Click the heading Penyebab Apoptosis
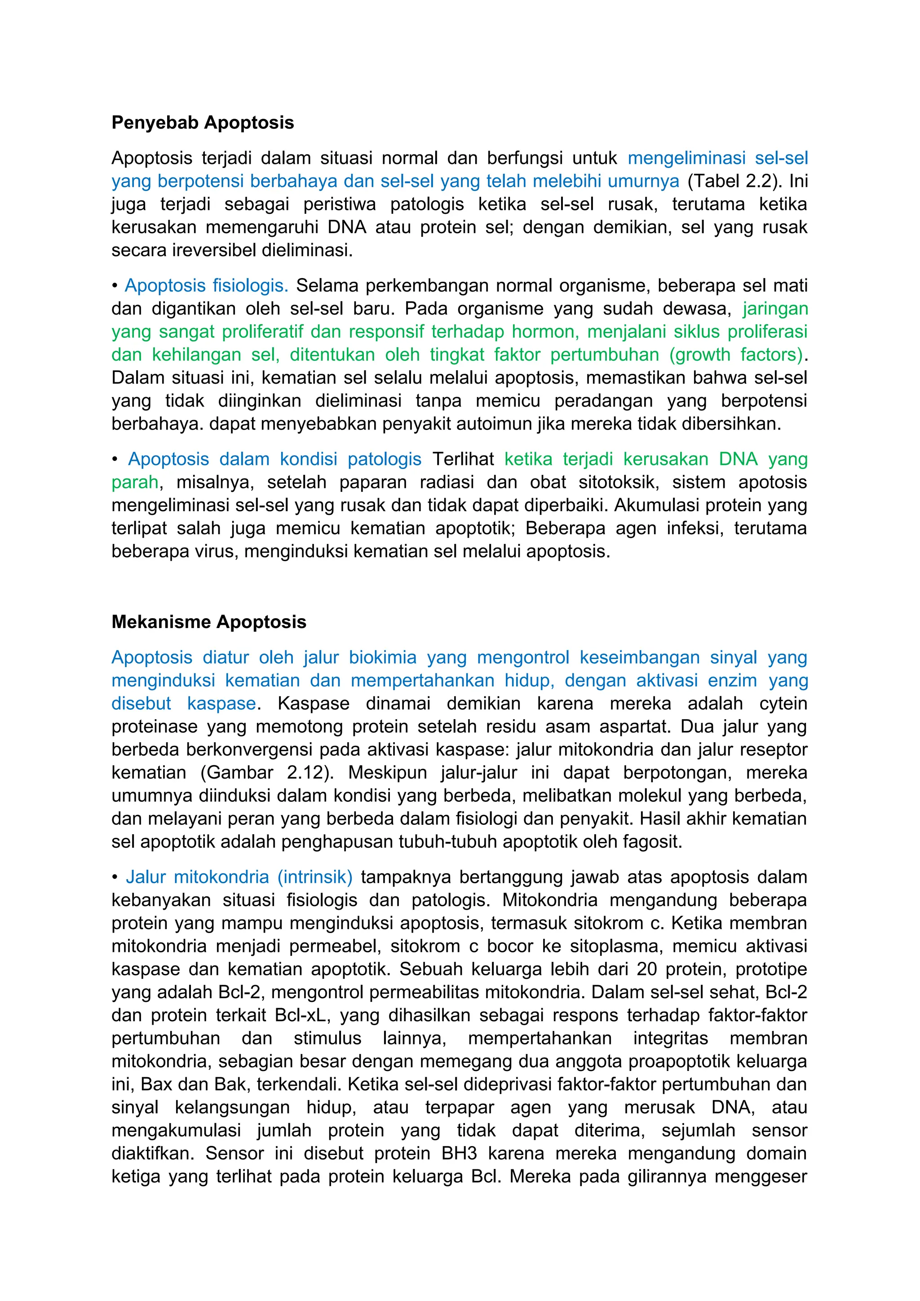click(x=202, y=122)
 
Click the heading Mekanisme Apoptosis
click(x=208, y=622)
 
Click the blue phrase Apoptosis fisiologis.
click(x=206, y=286)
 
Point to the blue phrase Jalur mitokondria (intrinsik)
click(x=239, y=877)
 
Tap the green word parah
click(x=135, y=482)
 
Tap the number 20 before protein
click(x=646, y=969)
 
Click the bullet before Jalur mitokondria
click(x=115, y=878)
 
